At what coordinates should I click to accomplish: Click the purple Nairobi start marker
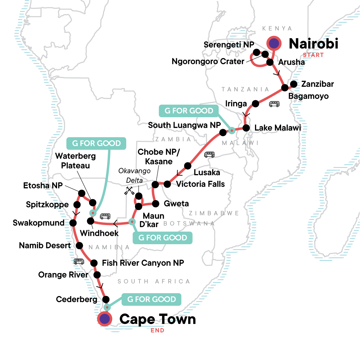274,43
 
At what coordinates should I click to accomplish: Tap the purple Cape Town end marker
104,319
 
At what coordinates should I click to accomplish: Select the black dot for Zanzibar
294,84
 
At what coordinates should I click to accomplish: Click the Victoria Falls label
200,184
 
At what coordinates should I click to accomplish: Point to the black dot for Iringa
255,103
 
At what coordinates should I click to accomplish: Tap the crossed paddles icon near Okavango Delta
129,191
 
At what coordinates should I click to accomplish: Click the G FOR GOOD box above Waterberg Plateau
96,143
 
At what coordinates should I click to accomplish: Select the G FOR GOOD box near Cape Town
151,299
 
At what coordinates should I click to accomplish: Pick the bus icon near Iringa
274,104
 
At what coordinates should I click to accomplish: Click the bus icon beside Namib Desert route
79,262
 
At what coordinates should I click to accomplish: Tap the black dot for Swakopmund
73,223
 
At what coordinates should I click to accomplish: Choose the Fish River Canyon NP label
143,263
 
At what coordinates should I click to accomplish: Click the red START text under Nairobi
313,55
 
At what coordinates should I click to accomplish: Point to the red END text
157,330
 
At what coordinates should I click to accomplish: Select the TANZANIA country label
245,89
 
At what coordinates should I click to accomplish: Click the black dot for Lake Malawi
246,128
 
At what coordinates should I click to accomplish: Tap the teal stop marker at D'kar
132,222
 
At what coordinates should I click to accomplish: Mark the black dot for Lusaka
187,166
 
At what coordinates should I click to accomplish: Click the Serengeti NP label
229,45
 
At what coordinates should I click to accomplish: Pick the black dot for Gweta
155,204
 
